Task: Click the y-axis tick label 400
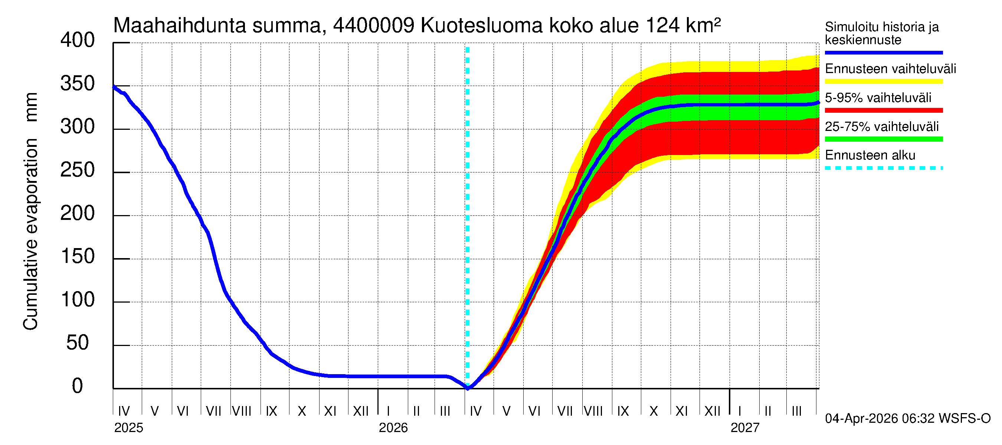78,40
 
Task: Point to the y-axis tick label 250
78,170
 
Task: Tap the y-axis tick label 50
78,343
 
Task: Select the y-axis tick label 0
78,386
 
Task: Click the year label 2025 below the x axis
128,428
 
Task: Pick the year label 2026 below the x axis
393,428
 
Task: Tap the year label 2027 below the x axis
744,428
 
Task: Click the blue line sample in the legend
883,52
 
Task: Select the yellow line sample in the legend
883,82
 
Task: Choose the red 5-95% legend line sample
883,111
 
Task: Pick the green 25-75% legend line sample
883,139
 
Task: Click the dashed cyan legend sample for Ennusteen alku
883,168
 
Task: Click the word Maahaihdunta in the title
180,26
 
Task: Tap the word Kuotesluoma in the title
482,26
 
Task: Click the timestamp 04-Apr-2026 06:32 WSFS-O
907,419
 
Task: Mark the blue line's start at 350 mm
114,87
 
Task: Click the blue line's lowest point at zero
468,388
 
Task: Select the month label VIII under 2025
242,411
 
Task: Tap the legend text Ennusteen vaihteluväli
890,69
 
